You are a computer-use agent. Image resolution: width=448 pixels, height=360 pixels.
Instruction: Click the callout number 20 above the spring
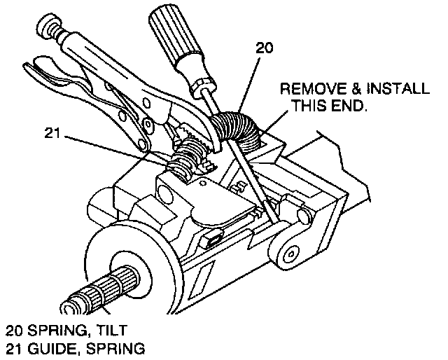[x=265, y=48]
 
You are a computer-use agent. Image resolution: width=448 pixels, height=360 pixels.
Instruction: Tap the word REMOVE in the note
[x=309, y=90]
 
